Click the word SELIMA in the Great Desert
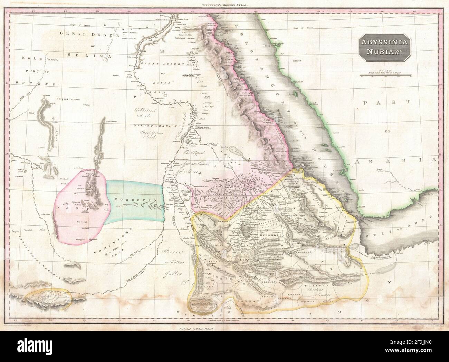click(x=83, y=55)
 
